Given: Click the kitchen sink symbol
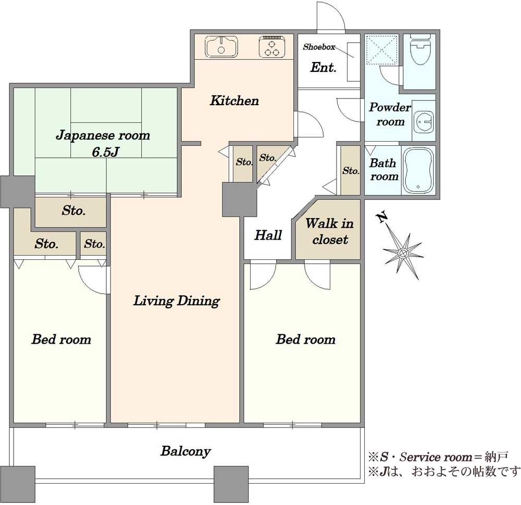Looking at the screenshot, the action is coord(221,46).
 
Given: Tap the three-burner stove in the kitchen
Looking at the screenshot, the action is coord(272,46).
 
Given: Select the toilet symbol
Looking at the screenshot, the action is coord(419,50).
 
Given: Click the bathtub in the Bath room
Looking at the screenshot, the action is coord(418,170).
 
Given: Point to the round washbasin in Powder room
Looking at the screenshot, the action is coord(424,121).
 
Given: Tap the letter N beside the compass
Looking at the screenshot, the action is coord(382,217).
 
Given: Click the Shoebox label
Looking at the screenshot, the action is coord(319,47).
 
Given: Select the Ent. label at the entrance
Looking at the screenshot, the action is coord(324,67).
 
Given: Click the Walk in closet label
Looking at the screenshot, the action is coord(329,231).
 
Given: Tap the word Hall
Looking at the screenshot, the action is coord(268,235).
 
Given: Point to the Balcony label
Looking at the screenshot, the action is coord(186,451).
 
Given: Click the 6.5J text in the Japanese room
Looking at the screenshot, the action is coord(105,152).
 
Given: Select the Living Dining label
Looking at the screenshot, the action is coord(177,301).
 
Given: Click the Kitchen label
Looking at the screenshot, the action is coord(234,100).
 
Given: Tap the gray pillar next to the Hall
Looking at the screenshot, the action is coord(239,200).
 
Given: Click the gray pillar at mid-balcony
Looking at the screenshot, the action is coord(231,484).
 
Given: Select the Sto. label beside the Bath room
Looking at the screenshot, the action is coord(351,171).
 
